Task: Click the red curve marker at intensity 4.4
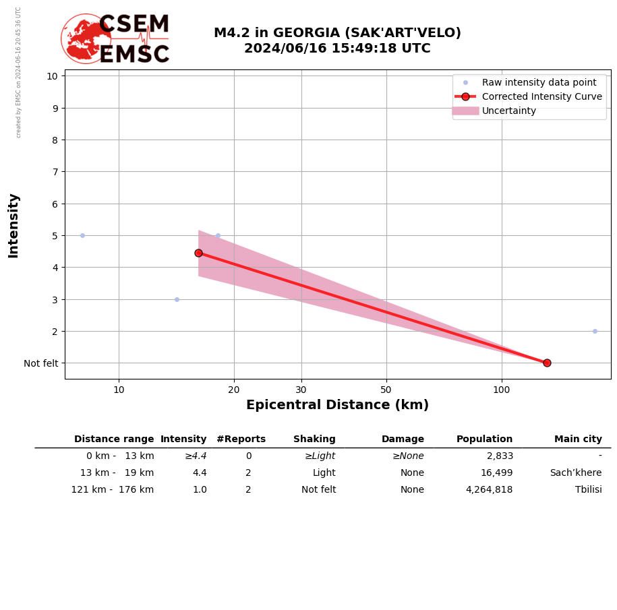pos(198,253)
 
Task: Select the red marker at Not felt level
pos(547,363)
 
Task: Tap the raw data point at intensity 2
pos(595,331)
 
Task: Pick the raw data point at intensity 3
pos(177,299)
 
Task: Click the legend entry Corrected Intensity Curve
pos(541,96)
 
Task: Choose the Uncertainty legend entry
pos(508,111)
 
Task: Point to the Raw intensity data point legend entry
pos(539,82)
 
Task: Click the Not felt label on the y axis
pos(41,363)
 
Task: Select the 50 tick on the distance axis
pos(386,389)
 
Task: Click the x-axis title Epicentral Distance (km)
pos(337,405)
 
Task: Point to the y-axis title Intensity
pos(13,225)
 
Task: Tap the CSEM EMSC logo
pos(115,39)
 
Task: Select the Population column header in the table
pos(484,439)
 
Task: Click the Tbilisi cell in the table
pos(588,490)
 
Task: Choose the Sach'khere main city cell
pos(575,473)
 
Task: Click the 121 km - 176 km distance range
pos(113,490)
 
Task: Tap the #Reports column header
pos(241,439)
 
